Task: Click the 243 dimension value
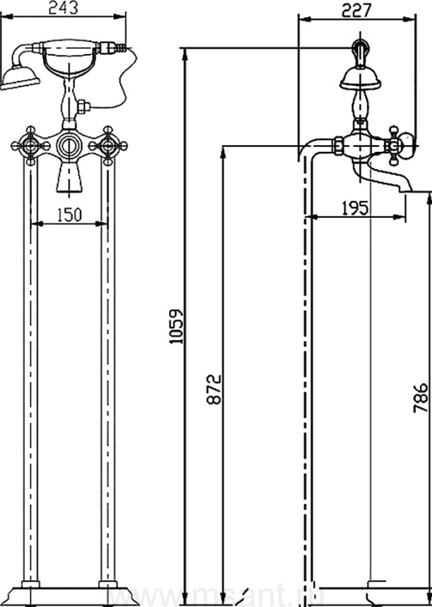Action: tap(65, 8)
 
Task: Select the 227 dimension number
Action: tap(357, 10)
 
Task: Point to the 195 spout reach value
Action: tap(355, 208)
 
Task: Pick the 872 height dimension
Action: tap(214, 389)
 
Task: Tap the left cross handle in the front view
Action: tap(30, 144)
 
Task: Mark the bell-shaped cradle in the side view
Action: tap(360, 78)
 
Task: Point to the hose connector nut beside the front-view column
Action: tap(84, 107)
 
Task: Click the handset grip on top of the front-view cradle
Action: tap(70, 47)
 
